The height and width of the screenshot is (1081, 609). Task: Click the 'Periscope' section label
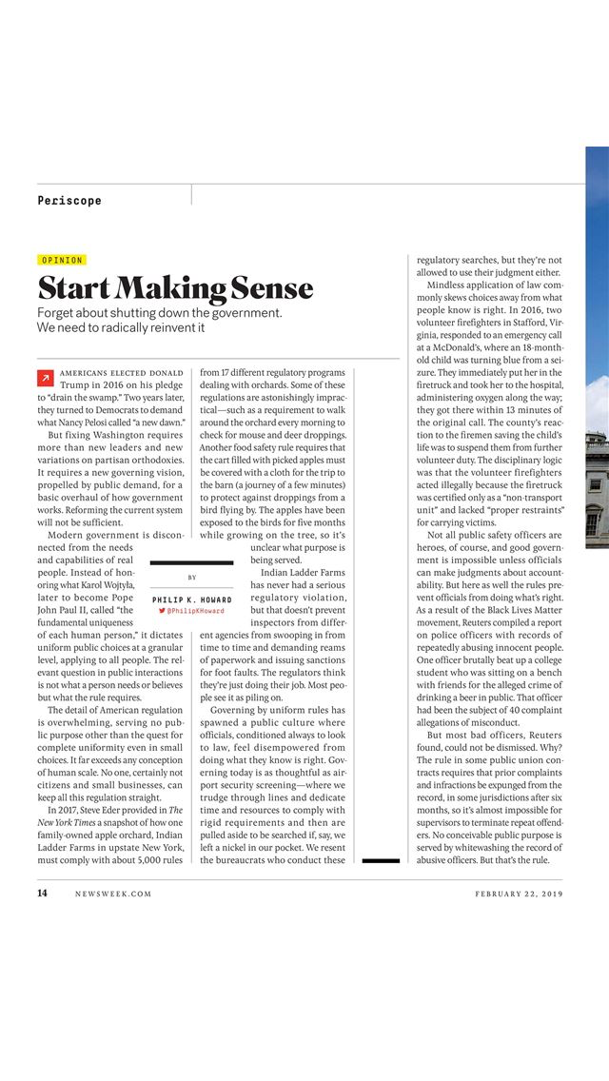point(69,200)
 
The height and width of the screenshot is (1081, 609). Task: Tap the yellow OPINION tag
point(62,260)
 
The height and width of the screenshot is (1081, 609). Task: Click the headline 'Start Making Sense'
point(175,287)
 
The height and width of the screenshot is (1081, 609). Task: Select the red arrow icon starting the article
point(44,378)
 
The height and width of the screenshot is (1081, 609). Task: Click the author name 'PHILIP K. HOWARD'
point(191,599)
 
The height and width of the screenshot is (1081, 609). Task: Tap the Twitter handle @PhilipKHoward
point(191,611)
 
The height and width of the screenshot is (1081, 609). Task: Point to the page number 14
point(42,894)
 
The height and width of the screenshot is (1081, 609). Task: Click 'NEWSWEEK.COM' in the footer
point(113,894)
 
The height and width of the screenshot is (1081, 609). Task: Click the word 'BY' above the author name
point(192,578)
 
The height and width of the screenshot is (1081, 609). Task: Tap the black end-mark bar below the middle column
point(381,860)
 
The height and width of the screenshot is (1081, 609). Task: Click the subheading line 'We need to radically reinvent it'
point(121,327)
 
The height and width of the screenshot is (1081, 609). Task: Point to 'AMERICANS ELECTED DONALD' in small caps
point(122,372)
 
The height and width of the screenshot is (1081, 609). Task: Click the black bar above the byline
point(191,563)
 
